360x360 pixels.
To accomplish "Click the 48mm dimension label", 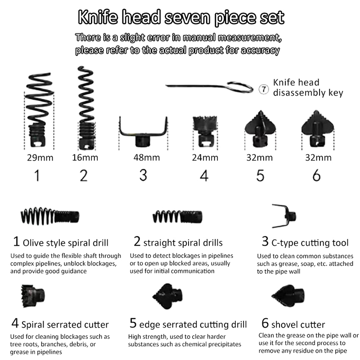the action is pos(147,157).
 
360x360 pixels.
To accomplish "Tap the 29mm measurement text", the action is pos(40,158).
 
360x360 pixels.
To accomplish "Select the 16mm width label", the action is pos(85,157).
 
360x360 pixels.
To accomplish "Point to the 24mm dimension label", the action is pos(205,157).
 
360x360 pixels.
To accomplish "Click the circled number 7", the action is pos(264,89).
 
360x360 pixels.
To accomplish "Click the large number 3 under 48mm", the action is pos(143,175).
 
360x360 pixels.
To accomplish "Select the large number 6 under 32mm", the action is pos(316,175).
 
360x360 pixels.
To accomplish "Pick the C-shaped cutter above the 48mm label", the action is pos(143,134).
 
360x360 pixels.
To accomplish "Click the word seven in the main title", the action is pos(187,18).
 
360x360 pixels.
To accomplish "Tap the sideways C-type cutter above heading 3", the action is pos(284,216).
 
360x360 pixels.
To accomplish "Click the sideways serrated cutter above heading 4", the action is pos(33,296).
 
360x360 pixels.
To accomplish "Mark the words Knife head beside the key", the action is pos(296,82).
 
